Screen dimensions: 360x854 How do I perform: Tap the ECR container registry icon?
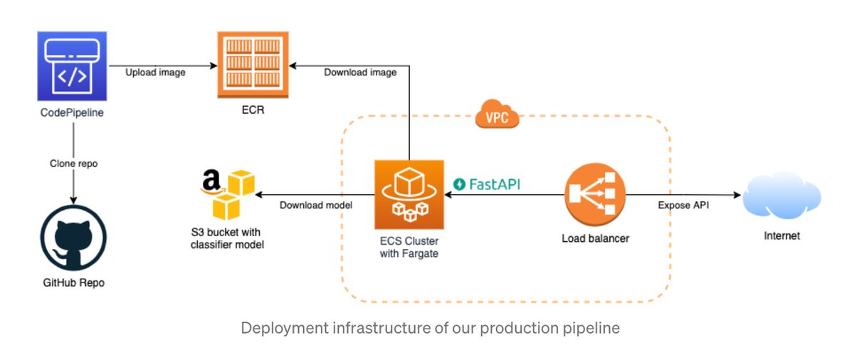point(253,65)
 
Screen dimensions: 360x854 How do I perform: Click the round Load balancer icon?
point(594,194)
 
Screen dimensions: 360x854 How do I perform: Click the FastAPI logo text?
point(487,184)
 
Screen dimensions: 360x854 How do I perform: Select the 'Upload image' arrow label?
point(156,73)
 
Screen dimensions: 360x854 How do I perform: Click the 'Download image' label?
point(361,73)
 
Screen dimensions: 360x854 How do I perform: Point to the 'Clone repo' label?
point(73,163)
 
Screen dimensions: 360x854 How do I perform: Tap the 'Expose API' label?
point(684,205)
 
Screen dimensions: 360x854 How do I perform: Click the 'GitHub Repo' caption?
point(73,282)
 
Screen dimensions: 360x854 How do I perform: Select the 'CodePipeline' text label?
point(72,112)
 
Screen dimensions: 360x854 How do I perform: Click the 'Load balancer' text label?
point(595,238)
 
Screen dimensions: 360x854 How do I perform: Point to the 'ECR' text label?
point(253,111)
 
